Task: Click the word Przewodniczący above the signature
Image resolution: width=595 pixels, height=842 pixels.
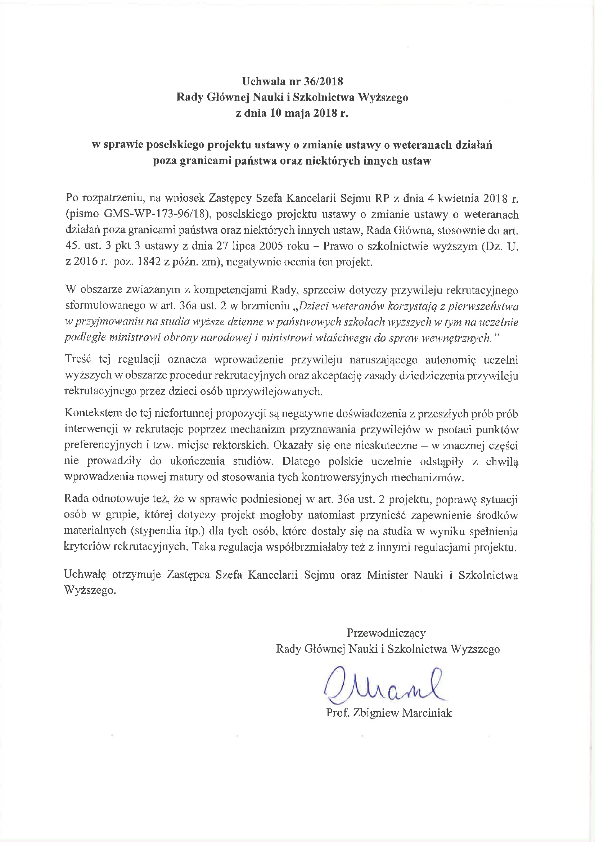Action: click(386, 633)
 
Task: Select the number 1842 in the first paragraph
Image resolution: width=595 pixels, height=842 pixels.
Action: click(156, 262)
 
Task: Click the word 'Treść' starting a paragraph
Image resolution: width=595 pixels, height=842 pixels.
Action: click(77, 360)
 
